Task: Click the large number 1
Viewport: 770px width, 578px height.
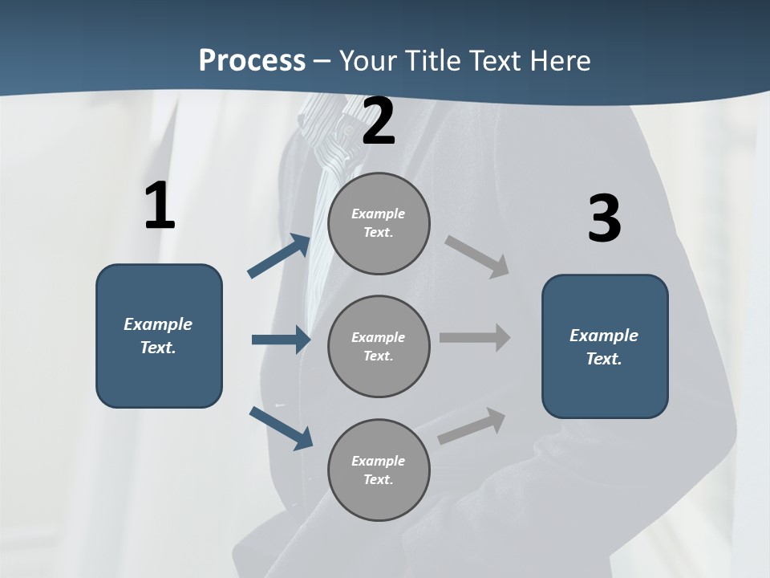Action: (160, 206)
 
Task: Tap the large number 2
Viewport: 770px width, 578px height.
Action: (379, 122)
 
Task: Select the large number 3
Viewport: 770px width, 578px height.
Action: (604, 219)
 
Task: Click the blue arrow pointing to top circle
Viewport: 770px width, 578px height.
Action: (279, 256)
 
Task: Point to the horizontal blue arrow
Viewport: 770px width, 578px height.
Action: (281, 340)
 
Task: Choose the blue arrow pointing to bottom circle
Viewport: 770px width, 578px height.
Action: (281, 428)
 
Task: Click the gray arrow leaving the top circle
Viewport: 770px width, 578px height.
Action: (477, 256)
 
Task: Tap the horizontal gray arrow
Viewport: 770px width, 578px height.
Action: (475, 337)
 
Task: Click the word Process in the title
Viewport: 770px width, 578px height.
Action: (252, 60)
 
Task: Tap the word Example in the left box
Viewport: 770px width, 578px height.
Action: (158, 324)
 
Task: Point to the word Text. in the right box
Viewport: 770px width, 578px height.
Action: (604, 359)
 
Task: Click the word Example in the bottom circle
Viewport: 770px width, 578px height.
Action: (379, 461)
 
